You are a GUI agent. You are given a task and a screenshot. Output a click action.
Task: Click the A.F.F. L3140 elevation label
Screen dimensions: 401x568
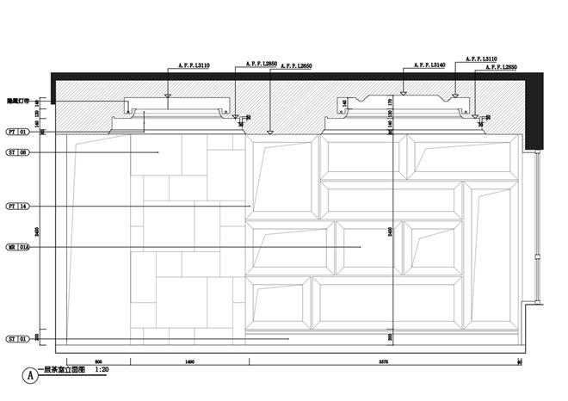click(x=429, y=65)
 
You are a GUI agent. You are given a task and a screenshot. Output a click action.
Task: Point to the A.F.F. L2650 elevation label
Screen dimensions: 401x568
click(x=294, y=65)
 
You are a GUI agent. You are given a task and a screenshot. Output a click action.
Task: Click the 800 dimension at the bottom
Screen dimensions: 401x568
click(x=98, y=361)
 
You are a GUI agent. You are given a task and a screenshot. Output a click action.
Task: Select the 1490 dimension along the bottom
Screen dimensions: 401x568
click(x=189, y=361)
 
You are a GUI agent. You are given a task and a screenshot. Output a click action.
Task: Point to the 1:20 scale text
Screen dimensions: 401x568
click(x=102, y=370)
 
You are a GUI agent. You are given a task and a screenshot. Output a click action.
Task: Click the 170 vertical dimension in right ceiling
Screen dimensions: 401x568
click(x=390, y=102)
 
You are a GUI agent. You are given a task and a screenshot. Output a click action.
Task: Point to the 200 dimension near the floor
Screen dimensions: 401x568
click(x=390, y=336)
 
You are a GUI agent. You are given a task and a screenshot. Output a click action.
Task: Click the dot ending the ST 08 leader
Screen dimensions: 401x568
click(x=159, y=152)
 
